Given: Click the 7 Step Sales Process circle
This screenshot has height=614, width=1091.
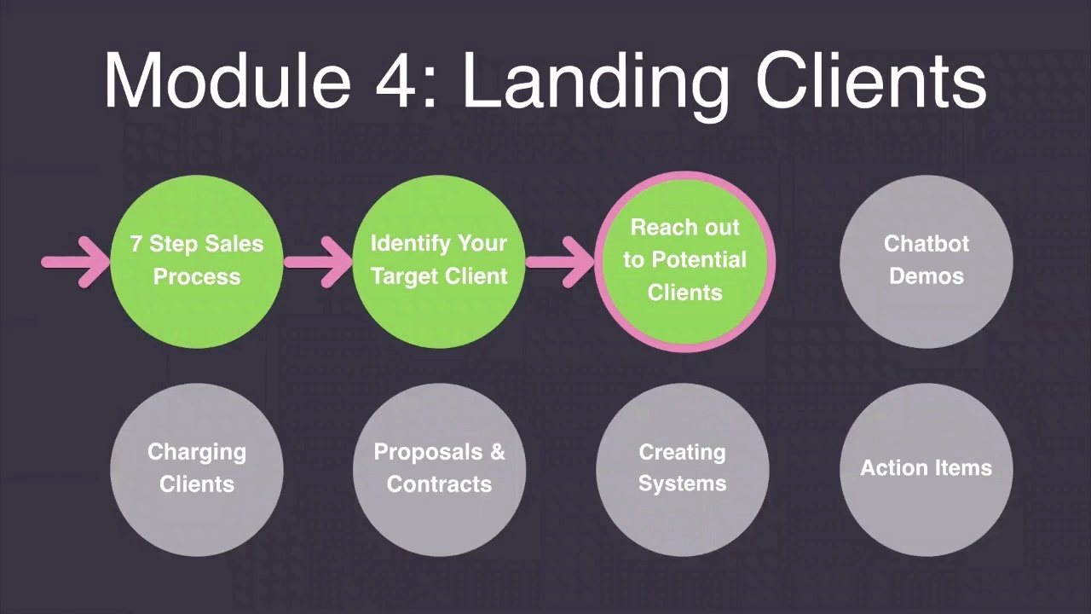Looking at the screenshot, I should point(196,260).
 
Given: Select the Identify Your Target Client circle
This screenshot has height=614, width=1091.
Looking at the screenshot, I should point(439,260).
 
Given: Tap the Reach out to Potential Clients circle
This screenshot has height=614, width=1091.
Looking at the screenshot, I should point(684,260).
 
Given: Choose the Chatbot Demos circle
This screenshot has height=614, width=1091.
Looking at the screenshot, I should point(926,260).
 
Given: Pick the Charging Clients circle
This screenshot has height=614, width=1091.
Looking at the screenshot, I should point(196,469).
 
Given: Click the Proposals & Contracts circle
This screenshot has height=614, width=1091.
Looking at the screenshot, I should point(439,469).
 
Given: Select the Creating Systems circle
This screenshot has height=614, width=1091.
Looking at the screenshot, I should point(682,469).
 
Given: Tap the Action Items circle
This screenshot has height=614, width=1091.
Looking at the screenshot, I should point(926,469).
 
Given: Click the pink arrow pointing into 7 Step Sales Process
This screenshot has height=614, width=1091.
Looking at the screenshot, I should point(75,261).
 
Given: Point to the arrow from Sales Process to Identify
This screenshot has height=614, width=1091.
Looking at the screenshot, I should point(317,261).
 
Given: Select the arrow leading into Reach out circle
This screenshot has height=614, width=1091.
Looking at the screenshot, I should point(560,261).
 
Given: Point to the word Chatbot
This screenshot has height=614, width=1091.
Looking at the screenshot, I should point(926,244).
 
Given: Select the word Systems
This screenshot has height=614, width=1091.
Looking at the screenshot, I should point(682,484).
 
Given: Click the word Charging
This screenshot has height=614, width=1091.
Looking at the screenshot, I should point(196,453).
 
